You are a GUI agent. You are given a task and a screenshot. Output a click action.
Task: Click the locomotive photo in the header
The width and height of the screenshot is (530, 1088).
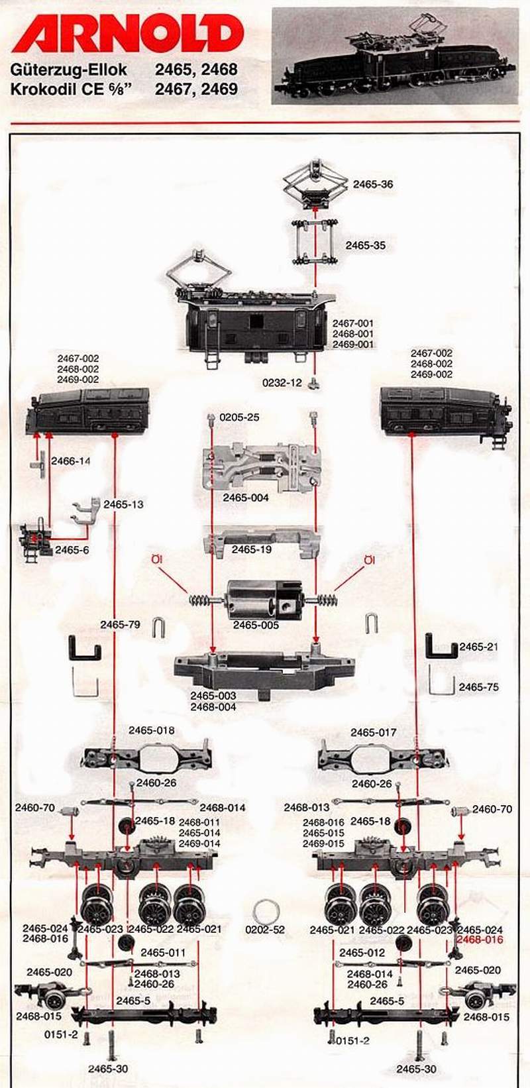395,56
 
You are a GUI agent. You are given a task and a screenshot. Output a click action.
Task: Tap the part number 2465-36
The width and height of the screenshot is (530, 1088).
372,184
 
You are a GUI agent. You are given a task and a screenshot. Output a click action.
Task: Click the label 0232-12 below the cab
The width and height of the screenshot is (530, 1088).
282,383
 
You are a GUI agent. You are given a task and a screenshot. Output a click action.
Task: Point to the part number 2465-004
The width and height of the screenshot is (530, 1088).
246,498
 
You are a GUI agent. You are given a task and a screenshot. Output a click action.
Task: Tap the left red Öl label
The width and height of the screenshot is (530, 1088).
158,561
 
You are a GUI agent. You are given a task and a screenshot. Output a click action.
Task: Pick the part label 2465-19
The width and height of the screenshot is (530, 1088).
252,549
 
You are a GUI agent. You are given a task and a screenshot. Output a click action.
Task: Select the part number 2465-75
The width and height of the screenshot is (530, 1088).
479,687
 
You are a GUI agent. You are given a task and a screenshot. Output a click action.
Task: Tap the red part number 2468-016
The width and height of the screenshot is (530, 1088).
480,940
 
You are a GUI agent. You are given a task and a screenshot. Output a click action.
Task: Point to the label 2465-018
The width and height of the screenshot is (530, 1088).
152,730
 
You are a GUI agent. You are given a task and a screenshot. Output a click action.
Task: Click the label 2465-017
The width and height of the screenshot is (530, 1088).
374,732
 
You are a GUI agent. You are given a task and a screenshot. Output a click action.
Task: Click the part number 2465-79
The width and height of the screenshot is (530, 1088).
121,624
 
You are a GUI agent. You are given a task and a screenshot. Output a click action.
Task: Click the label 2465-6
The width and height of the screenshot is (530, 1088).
72,550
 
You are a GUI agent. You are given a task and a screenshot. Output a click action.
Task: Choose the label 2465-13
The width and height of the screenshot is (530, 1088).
123,504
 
